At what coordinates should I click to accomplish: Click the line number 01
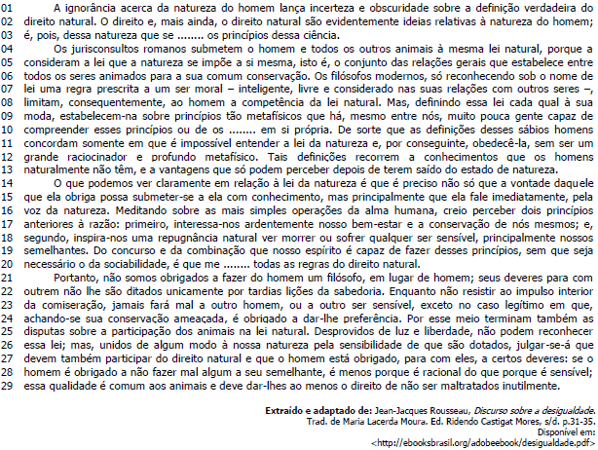8,9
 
